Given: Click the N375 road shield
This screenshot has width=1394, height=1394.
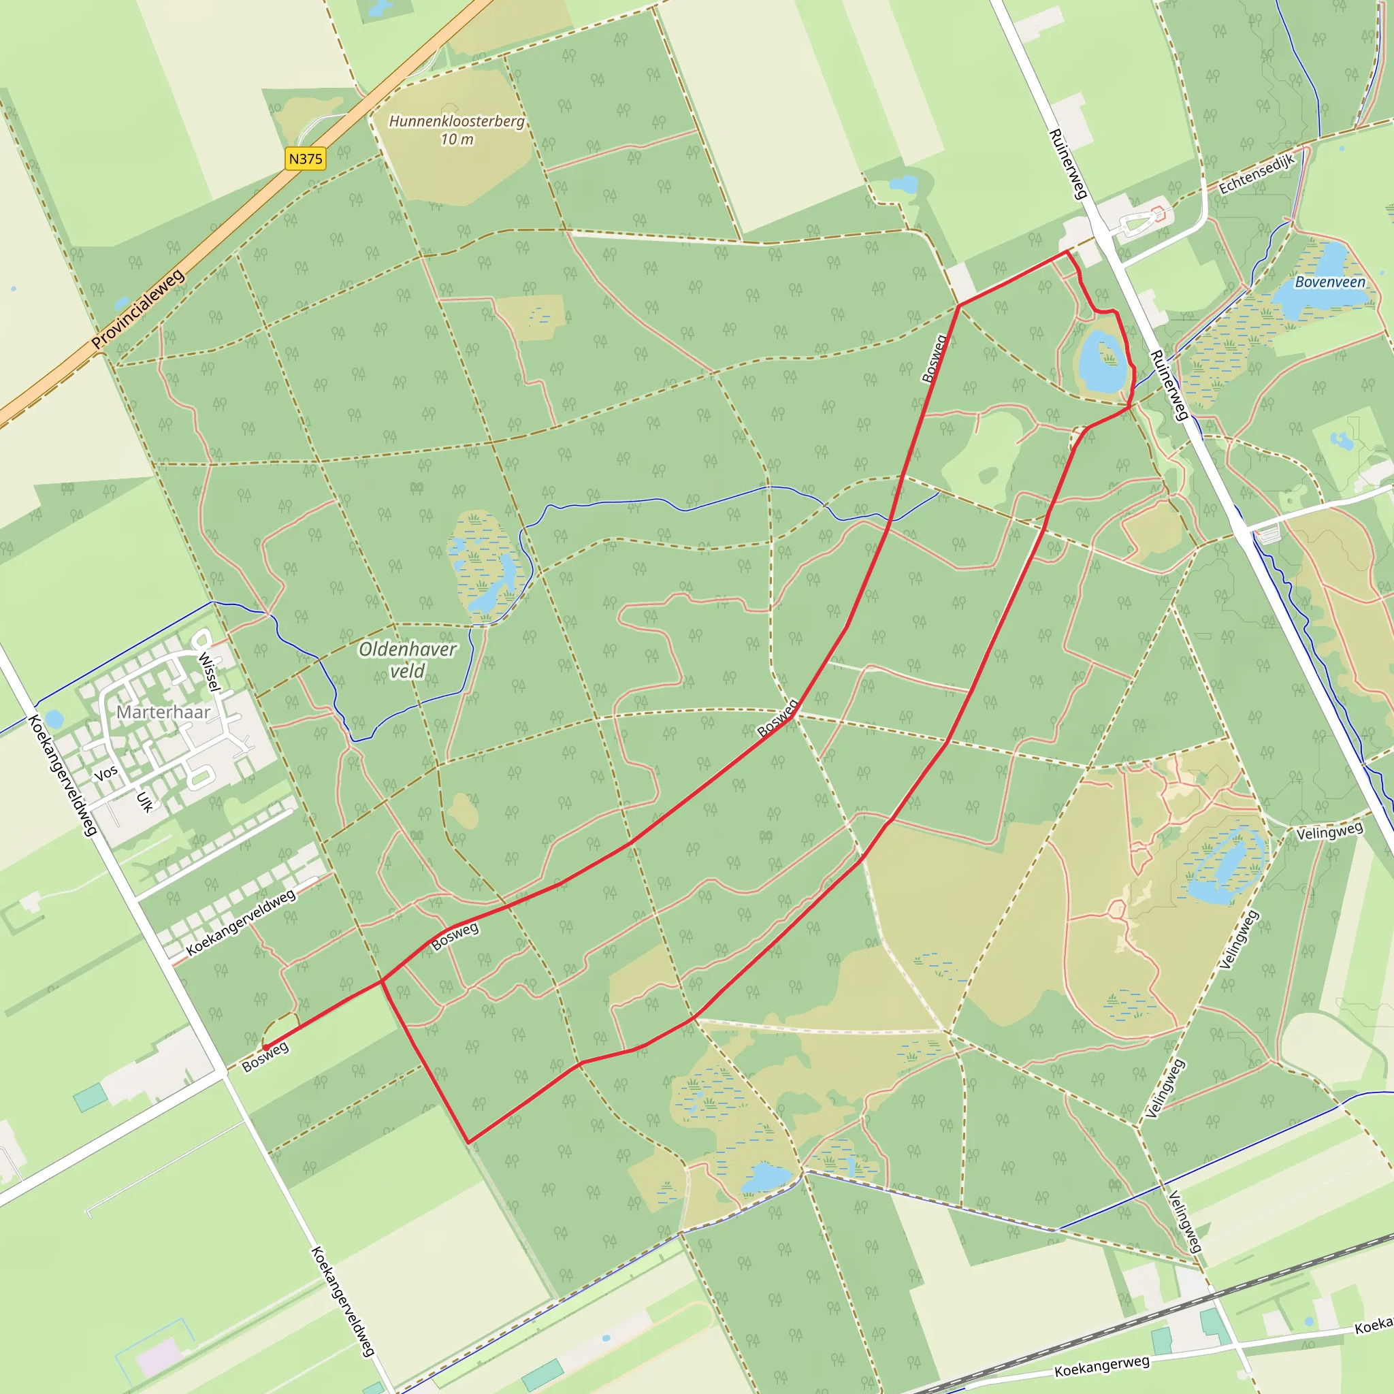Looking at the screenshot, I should (x=305, y=159).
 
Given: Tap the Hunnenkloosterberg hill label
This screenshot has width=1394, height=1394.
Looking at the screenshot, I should (x=457, y=121).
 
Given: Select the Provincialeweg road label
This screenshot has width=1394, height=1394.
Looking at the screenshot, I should (x=139, y=309).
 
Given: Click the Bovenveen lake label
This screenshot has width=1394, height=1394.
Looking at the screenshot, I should (x=1330, y=282).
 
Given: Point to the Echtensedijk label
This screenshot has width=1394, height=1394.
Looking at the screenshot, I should (x=1257, y=174).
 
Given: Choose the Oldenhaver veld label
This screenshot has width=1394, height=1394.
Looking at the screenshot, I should (x=408, y=660).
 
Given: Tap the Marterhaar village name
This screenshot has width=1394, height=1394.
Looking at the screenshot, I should (x=163, y=712).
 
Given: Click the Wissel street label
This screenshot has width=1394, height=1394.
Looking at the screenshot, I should (x=208, y=672).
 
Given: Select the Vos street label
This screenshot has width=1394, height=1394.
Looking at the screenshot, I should (x=106, y=773).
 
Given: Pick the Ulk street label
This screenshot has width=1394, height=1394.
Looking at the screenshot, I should (x=145, y=802).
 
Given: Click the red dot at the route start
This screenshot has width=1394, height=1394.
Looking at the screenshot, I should (x=265, y=1047).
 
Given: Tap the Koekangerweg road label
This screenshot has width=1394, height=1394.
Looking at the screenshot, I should (x=1102, y=1366).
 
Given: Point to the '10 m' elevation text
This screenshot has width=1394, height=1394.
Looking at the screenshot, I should (x=457, y=140).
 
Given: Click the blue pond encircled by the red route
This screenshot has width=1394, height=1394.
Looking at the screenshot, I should (x=1101, y=361).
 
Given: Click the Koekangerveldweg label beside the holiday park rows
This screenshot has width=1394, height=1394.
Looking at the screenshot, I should (x=241, y=922).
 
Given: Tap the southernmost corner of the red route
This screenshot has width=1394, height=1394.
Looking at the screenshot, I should (x=468, y=1142).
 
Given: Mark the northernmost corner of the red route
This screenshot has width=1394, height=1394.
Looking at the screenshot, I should (x=1068, y=251).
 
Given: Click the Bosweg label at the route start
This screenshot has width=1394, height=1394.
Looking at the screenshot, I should (x=265, y=1058).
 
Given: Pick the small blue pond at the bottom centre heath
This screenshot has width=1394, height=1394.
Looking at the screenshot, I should (x=767, y=1178).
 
